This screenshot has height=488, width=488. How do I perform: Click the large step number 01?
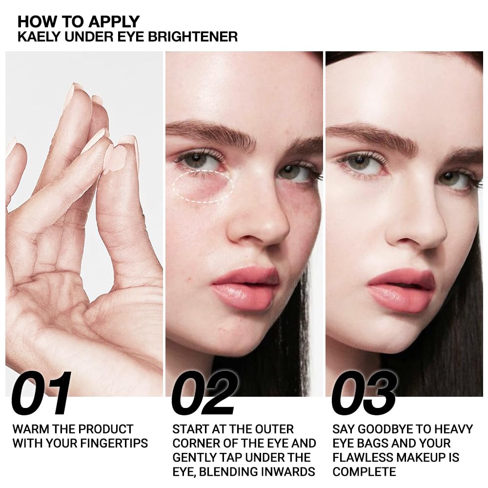point(41,394)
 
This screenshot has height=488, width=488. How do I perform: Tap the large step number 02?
point(204,394)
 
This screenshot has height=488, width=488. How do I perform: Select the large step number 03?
point(364,394)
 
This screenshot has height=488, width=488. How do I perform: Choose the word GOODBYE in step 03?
point(386,429)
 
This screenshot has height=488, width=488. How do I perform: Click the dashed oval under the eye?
point(203,186)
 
